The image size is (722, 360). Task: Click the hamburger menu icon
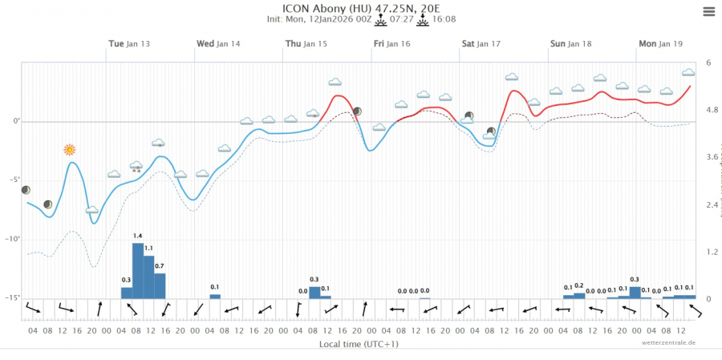708,11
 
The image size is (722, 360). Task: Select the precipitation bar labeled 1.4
137,270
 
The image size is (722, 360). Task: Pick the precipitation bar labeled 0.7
160,285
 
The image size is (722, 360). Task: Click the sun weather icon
70,150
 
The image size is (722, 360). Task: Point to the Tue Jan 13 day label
129,44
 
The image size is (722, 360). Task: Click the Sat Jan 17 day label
481,44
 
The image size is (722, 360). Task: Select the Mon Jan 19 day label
659,44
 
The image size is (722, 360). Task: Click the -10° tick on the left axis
13,239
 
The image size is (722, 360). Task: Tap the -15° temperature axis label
13,297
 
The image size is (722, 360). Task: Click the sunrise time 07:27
401,20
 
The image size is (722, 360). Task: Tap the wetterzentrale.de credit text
668,342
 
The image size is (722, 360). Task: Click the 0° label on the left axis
15,121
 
